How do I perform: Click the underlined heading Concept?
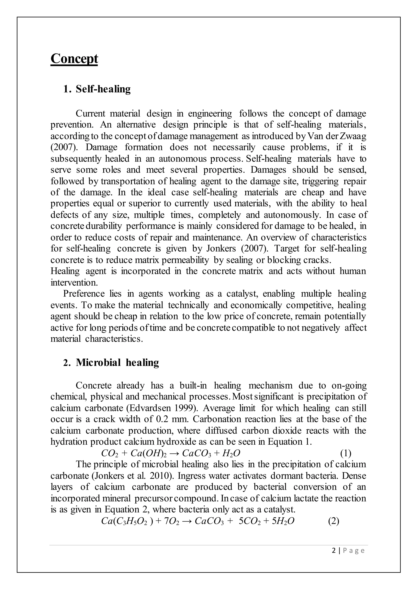tap(74, 59)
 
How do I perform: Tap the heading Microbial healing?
tap(117, 362)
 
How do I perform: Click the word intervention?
tap(74, 283)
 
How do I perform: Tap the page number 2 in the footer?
tap(334, 551)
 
